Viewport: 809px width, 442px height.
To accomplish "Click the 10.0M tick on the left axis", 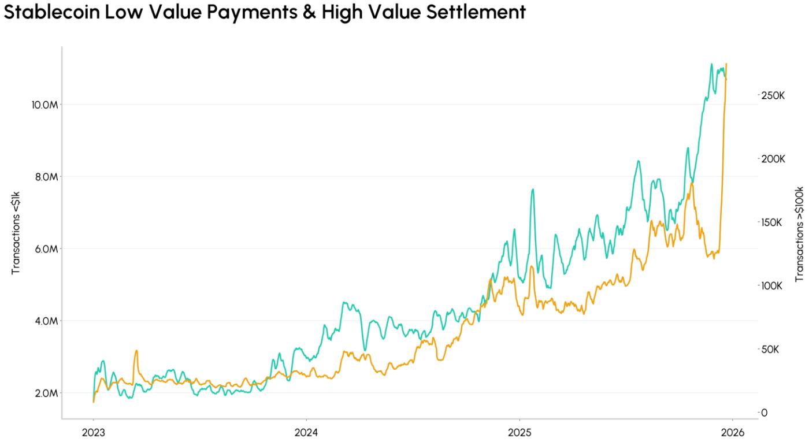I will pyautogui.click(x=44, y=105).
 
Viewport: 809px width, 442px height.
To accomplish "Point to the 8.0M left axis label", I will pyautogui.click(x=44, y=177).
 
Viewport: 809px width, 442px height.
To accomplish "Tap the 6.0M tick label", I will pyautogui.click(x=44, y=249).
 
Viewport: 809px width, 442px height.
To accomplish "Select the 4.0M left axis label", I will pyautogui.click(x=44, y=321).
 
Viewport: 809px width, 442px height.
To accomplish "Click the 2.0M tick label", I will pyautogui.click(x=44, y=393).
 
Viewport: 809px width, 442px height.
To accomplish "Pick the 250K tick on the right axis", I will pyautogui.click(x=773, y=95).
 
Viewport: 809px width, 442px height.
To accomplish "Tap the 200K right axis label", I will pyautogui.click(x=773, y=159).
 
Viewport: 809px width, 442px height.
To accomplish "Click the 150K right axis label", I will pyautogui.click(x=773, y=222).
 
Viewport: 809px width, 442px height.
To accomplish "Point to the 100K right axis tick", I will pyautogui.click(x=773, y=286).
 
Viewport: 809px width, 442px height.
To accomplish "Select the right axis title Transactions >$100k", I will pyautogui.click(x=800, y=234).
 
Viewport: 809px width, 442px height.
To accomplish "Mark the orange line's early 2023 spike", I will pyautogui.click(x=136, y=351).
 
